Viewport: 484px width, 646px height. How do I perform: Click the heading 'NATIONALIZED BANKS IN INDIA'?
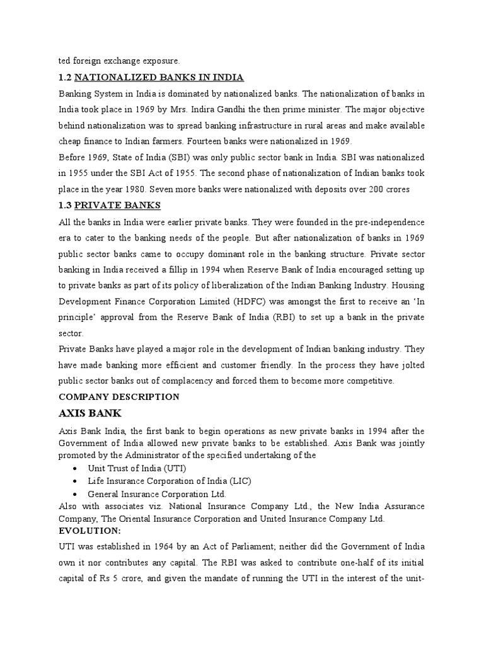coord(159,78)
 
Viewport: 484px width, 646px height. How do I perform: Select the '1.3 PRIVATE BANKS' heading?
coord(110,205)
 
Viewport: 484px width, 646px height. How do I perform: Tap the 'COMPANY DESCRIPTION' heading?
coord(118,397)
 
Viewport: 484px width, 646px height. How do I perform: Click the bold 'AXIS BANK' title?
coord(90,414)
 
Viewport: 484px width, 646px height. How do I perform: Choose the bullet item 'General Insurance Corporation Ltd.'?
coord(157,494)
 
